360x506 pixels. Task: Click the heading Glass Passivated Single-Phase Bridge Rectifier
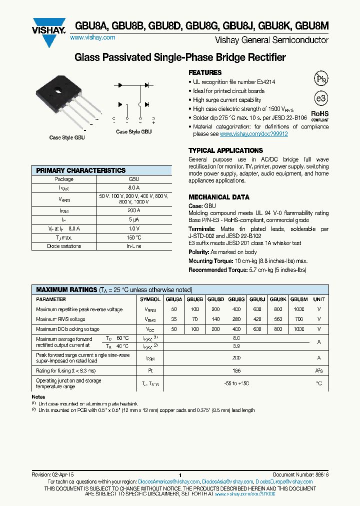coord(180,58)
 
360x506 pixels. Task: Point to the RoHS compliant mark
coord(320,116)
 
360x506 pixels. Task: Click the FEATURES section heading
coord(205,72)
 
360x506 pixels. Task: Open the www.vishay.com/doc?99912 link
coord(253,134)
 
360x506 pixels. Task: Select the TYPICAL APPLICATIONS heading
coord(225,150)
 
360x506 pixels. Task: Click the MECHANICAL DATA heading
coord(218,197)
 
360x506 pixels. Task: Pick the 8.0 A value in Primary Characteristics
coord(133,187)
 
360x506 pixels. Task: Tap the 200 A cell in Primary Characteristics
coord(133,210)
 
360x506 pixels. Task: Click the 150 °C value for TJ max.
coord(133,237)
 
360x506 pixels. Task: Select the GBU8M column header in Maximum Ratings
coord(299,299)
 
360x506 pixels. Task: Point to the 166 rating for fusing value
coord(236,370)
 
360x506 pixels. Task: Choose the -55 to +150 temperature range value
coord(236,383)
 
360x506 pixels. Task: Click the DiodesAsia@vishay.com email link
coord(230,482)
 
